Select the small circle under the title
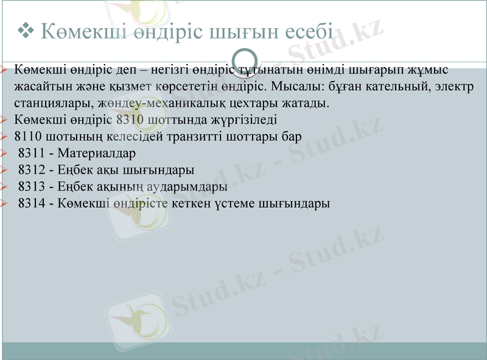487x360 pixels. [x=243, y=58]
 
